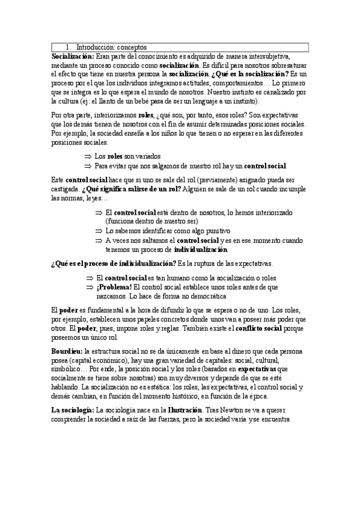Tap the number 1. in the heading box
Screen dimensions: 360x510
pos(70,47)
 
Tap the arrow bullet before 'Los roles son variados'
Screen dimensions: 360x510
pos(87,156)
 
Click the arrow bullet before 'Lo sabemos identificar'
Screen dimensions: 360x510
pos(99,230)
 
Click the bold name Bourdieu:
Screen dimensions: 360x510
pos(67,351)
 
